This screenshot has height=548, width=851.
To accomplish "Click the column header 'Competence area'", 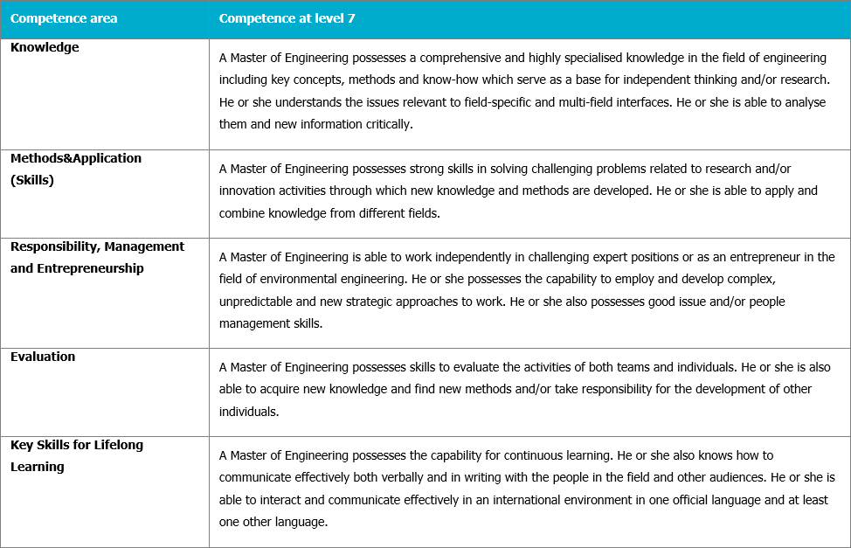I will [x=64, y=18].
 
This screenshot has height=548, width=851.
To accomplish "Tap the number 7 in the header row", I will [x=351, y=18].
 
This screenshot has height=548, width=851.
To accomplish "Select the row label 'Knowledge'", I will [x=45, y=48].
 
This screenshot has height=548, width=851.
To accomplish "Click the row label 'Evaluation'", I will [x=43, y=357].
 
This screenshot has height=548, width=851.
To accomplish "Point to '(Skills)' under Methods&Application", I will [x=32, y=180].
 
